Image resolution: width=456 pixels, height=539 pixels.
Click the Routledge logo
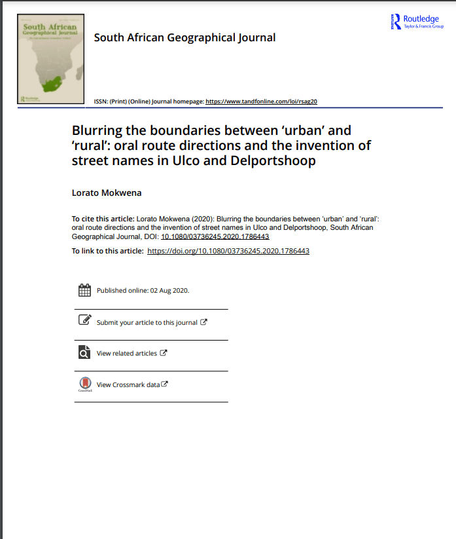[416, 22]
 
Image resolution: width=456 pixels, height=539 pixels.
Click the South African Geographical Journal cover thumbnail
[52, 59]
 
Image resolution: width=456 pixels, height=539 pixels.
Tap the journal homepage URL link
[262, 102]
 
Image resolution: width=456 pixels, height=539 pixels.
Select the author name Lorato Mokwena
[107, 193]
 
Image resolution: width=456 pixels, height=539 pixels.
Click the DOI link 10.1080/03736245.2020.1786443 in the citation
[215, 236]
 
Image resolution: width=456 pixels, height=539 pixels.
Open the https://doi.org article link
[228, 251]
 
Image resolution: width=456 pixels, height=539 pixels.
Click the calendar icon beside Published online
[84, 290]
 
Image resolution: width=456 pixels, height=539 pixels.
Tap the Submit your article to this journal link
[147, 322]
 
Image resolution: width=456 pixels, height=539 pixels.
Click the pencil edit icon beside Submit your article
[84, 320]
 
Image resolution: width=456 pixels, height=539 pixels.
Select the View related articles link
[127, 353]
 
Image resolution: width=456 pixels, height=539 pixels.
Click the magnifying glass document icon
[84, 352]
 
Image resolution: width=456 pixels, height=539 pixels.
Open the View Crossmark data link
[128, 384]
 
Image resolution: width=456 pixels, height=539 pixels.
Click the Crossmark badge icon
[85, 384]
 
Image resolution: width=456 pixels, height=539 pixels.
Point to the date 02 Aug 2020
[169, 290]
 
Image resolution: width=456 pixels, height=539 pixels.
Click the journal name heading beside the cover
[184, 37]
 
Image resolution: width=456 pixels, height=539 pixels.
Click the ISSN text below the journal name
[122, 102]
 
